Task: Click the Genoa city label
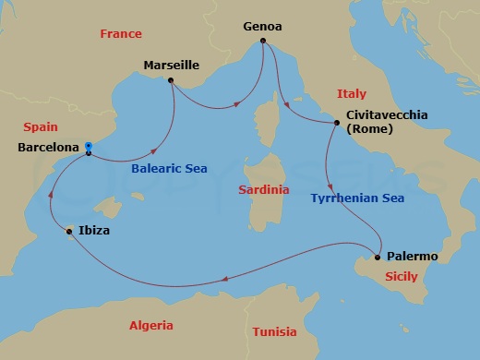[x=263, y=28]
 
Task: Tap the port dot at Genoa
[x=263, y=42]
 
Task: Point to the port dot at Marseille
[x=172, y=80]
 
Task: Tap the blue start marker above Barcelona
[x=88, y=145]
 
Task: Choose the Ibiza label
[x=95, y=231]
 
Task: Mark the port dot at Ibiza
[x=70, y=232]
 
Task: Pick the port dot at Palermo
[x=378, y=257]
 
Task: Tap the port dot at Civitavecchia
[x=335, y=122]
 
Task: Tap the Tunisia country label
[x=274, y=331]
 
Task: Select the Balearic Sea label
[x=169, y=168]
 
